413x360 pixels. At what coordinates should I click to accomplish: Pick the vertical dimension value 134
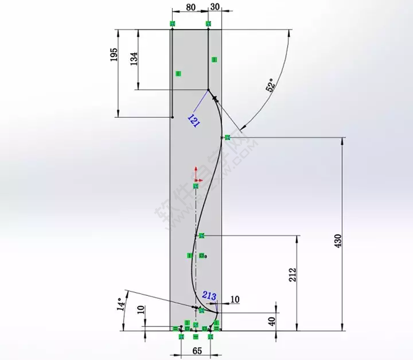click(x=134, y=59)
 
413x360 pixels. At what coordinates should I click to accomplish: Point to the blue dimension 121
click(x=194, y=121)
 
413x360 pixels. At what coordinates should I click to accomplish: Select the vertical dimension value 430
click(x=338, y=241)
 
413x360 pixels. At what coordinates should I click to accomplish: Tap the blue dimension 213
click(x=210, y=297)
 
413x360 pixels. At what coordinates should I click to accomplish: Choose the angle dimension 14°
click(x=121, y=303)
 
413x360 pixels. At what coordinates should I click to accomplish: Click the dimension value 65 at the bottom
click(x=197, y=350)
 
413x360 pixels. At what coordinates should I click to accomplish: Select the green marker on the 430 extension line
click(x=227, y=137)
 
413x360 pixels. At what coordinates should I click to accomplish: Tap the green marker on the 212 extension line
click(x=201, y=236)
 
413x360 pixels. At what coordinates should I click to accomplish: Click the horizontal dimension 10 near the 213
click(x=235, y=299)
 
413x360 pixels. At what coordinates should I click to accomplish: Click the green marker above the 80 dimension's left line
click(x=172, y=23)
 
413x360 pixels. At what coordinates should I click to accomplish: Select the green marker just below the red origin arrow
click(x=196, y=186)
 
